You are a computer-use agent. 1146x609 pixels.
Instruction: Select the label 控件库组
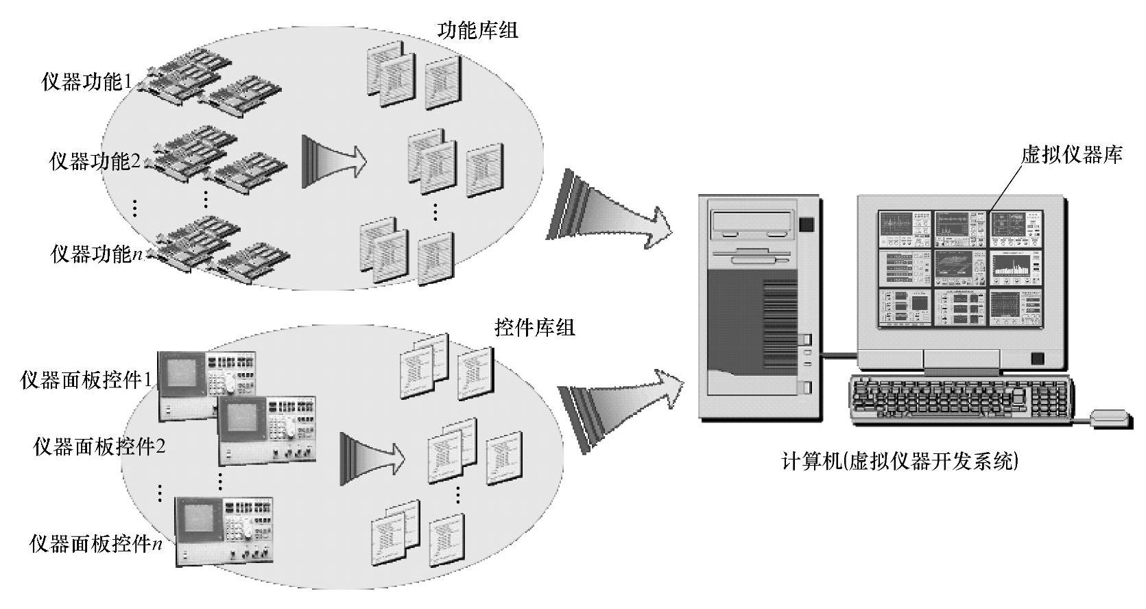[x=535, y=327]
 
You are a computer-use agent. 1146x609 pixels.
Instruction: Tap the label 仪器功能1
[x=87, y=82]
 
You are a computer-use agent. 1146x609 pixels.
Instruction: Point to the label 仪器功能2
[x=95, y=162]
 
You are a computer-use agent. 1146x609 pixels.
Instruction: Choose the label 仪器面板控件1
[x=86, y=380]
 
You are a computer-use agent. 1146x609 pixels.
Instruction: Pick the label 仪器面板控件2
[x=99, y=447]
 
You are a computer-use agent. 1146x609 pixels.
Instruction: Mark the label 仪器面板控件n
[x=97, y=545]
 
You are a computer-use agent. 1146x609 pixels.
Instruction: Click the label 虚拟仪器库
[x=1071, y=155]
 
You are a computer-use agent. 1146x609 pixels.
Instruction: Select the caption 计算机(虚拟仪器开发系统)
[x=900, y=461]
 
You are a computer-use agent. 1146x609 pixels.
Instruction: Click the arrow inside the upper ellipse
[x=334, y=161]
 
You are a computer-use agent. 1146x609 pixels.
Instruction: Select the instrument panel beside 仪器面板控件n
[x=225, y=530]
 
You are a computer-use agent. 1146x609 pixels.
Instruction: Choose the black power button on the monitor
[x=1037, y=359]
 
